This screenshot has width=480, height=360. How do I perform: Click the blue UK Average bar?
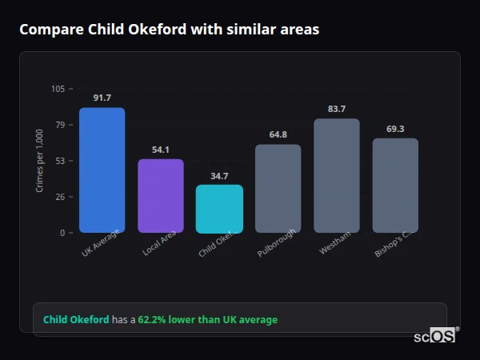click(102, 170)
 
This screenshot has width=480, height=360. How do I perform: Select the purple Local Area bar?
click(161, 196)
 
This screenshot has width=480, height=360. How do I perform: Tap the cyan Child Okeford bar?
click(219, 209)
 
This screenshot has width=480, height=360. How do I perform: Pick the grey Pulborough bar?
click(278, 189)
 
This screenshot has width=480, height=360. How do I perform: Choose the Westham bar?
click(337, 176)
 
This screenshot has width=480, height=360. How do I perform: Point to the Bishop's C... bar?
click(395, 186)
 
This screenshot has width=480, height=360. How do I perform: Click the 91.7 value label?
click(102, 98)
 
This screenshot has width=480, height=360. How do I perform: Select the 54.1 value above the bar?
click(161, 150)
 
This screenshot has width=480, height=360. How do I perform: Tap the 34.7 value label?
click(219, 176)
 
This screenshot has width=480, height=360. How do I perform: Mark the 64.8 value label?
click(278, 134)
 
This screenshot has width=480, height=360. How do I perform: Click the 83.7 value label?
click(337, 109)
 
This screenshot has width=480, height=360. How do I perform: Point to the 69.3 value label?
click(395, 129)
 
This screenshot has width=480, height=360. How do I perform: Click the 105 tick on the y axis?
click(58, 89)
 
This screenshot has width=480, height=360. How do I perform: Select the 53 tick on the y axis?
click(61, 161)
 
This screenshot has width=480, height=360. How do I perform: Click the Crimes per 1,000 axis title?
click(39, 161)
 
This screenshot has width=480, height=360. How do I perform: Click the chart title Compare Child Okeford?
click(169, 30)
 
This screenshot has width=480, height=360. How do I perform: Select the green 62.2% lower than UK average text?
click(207, 319)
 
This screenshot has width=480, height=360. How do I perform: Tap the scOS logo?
click(434, 336)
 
